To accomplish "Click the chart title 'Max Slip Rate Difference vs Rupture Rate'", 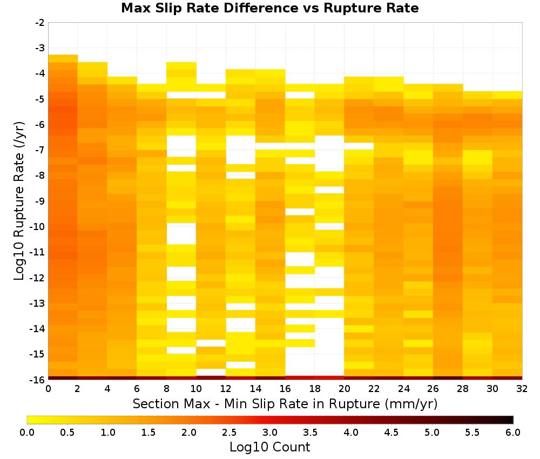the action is coord(269,8).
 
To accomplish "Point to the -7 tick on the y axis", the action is coord(40,150).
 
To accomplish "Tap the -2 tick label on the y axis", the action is coord(40,23).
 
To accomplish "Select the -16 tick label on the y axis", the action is coord(38,380).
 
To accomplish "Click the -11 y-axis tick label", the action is coord(38,252).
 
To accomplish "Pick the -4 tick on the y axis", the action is coord(40,73).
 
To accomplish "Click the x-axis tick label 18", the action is coord(315,389).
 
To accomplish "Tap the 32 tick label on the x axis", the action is coord(522,389).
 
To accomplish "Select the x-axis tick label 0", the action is coord(48,389).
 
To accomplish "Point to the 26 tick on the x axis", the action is coord(433,389).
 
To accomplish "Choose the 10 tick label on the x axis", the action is coord(197,389).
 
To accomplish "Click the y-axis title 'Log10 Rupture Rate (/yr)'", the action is coord(19,201).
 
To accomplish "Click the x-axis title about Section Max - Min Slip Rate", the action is coord(285,403).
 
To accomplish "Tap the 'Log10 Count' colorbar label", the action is coord(269,447).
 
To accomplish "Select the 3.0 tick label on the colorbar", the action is coord(270,433).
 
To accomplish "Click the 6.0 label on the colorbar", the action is coord(513,433).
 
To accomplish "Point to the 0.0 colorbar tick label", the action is coord(27,433).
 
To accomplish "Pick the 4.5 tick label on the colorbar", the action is coord(391,433).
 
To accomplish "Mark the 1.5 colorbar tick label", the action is coord(148,433).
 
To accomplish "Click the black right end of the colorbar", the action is coord(512,420).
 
